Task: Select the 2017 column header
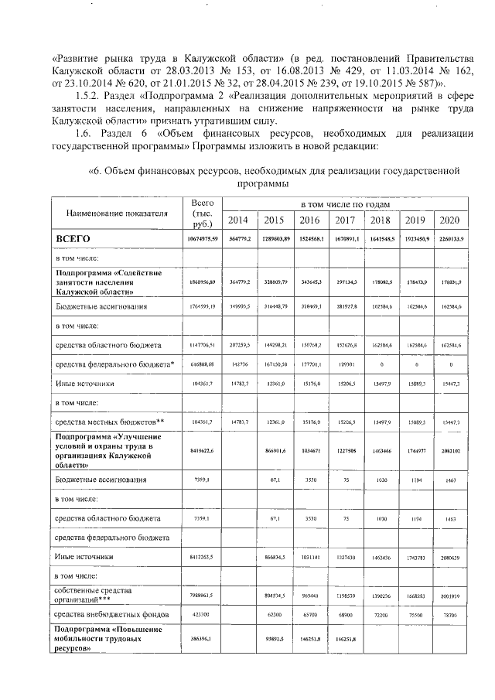pyautogui.click(x=345, y=220)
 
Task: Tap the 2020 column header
pyautogui.click(x=449, y=220)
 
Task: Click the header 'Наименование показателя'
pyautogui.click(x=117, y=212)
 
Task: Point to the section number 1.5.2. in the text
pyautogui.click(x=78, y=94)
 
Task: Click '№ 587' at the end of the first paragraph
pyautogui.click(x=417, y=80)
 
